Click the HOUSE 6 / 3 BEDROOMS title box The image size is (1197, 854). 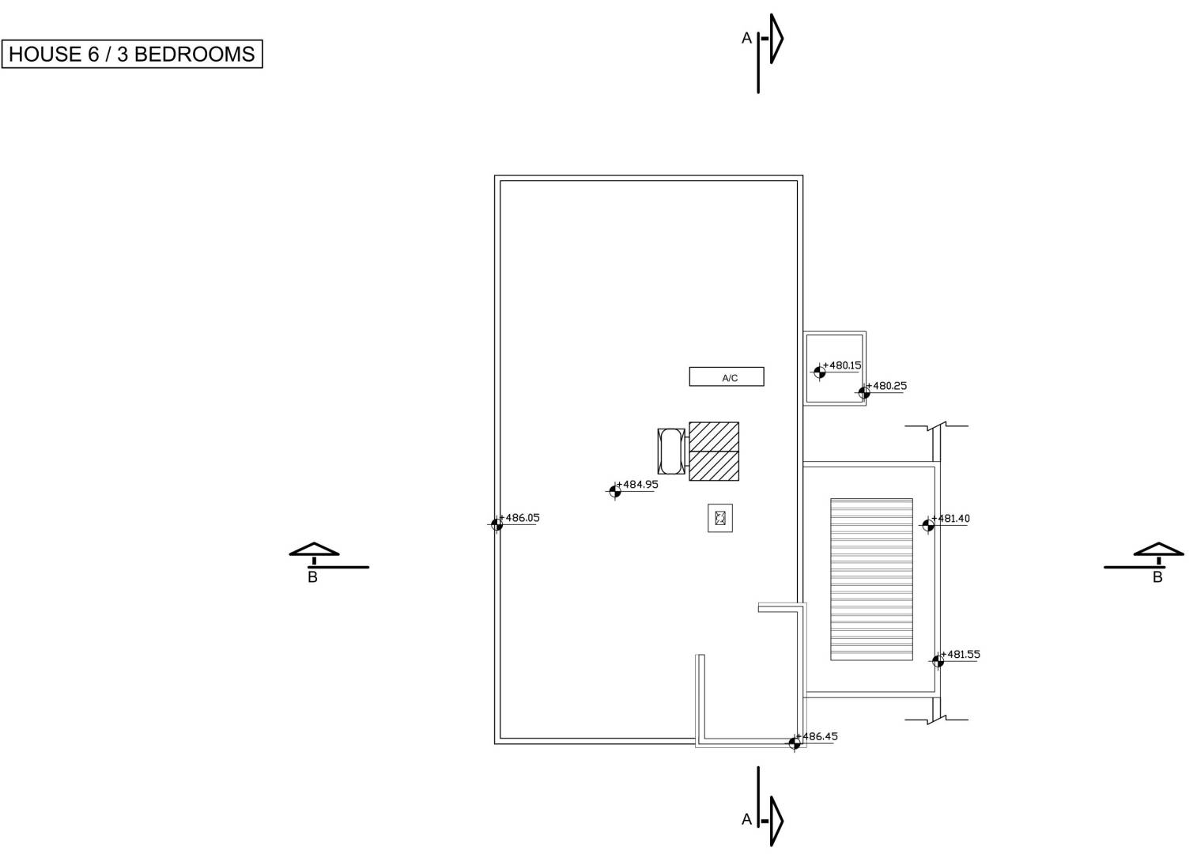pos(132,54)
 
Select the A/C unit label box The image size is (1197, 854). pos(727,376)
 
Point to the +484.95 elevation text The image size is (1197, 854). pos(637,484)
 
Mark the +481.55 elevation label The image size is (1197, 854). pos(961,654)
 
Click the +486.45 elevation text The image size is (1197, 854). pos(817,736)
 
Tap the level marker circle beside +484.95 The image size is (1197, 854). pos(615,491)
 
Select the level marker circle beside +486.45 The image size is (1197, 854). pos(794,743)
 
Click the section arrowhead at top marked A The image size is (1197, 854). pos(777,39)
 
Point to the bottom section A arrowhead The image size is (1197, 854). pos(777,821)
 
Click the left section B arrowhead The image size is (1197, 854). pos(314,550)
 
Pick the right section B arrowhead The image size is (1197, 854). pos(1158,550)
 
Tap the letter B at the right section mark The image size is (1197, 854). pos(1157,577)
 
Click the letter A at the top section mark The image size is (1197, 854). pos(746,38)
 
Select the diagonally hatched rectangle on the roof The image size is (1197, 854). pos(714,452)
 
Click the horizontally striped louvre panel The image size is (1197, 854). pos(871,580)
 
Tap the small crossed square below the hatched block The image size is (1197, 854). pos(720,518)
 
